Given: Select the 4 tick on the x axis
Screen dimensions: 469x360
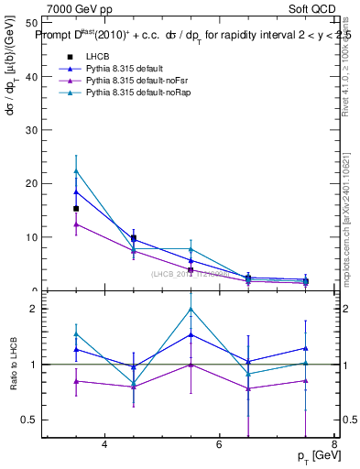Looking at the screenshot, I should (104, 445).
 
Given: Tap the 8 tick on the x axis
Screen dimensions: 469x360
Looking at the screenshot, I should (334, 445).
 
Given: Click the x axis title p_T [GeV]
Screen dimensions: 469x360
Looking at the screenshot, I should (314, 456).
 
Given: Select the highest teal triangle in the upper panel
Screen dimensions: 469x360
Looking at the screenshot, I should (76, 170).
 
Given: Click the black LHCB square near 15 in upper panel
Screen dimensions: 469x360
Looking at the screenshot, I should (76, 209).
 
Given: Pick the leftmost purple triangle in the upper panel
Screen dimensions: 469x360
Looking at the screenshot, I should (76, 224).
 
